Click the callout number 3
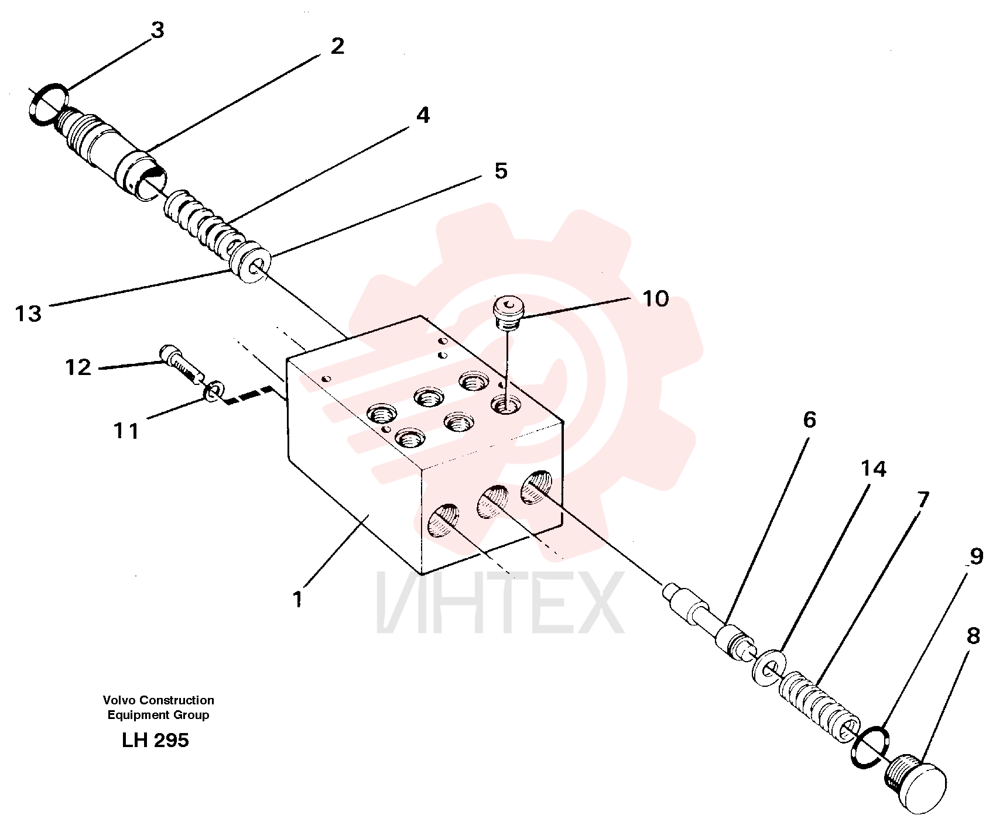click(158, 30)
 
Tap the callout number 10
click(656, 299)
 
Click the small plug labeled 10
click(508, 312)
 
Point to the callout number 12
click(78, 367)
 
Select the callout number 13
click(28, 314)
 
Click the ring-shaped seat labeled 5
click(252, 264)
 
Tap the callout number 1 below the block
click(297, 599)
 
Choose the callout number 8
click(973, 636)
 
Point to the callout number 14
click(874, 469)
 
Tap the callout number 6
click(809, 419)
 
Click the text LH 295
click(155, 740)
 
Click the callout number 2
click(337, 46)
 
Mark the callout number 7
click(923, 500)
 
